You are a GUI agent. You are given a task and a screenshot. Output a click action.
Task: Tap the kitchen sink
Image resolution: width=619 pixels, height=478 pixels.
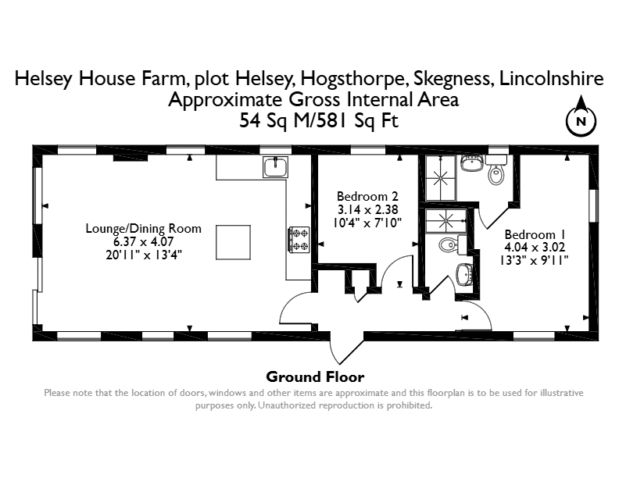click(276, 166)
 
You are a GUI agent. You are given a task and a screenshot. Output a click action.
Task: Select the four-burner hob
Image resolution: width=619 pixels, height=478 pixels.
click(299, 240)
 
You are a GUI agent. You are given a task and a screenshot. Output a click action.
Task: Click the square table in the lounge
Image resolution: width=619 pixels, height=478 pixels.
click(233, 242)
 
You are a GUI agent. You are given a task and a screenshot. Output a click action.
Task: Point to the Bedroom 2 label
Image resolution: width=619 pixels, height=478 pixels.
click(367, 196)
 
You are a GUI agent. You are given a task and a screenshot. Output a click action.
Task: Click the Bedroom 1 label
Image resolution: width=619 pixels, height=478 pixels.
click(535, 234)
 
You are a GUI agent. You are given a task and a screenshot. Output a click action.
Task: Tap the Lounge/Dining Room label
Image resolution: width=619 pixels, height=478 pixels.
click(143, 228)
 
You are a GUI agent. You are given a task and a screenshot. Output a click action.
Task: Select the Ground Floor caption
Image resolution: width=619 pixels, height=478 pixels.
click(315, 376)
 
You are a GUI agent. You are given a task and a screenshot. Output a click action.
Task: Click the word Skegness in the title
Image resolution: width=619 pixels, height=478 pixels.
click(453, 78)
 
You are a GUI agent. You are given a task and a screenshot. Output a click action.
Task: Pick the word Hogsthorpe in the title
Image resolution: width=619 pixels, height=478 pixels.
click(354, 78)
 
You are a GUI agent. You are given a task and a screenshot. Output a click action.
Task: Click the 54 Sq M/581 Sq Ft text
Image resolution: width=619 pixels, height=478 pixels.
click(319, 120)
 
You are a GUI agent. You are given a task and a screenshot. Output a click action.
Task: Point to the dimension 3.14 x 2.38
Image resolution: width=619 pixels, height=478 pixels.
click(367, 209)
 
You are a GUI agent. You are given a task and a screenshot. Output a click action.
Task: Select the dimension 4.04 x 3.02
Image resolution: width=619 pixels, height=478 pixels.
click(535, 248)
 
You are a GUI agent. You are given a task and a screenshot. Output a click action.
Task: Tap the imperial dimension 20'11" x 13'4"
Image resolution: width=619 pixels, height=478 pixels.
click(143, 255)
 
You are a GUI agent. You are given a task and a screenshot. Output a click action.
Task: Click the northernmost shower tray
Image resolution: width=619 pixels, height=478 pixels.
click(440, 178)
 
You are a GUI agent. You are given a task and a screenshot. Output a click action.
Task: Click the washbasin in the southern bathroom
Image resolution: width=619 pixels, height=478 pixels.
click(464, 274)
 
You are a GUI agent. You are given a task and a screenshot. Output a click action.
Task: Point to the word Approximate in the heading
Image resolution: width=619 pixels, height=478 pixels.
click(226, 99)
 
